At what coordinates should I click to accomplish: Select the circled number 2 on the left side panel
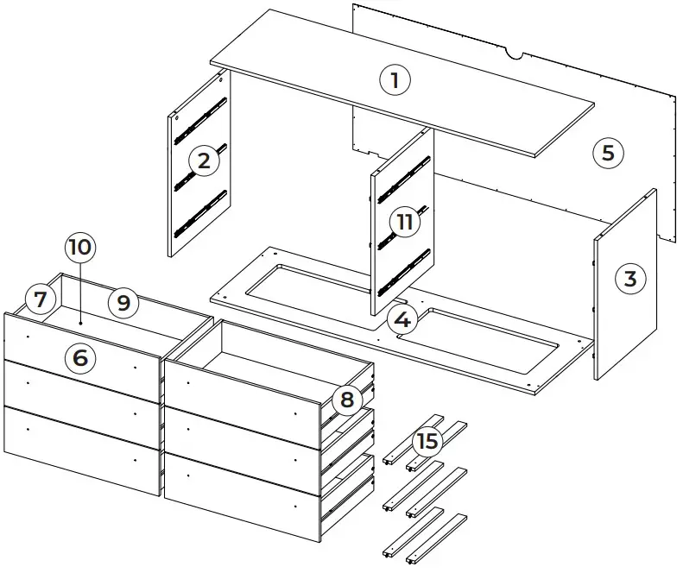point(203,161)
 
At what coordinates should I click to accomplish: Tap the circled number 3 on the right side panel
point(629,279)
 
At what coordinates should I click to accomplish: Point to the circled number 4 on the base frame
point(402,319)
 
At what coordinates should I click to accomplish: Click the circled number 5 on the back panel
point(608,153)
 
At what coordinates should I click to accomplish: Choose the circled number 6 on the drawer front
point(80,356)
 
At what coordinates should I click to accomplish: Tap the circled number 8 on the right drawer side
point(347,399)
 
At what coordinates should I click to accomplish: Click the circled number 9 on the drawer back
point(123,302)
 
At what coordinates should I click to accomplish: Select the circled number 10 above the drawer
point(79,247)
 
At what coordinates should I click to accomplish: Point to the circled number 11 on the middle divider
point(403,221)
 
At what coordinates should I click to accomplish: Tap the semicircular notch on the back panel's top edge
point(517,56)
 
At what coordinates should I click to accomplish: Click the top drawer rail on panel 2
point(200,119)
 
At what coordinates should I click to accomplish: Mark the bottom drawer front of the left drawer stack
point(82,449)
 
